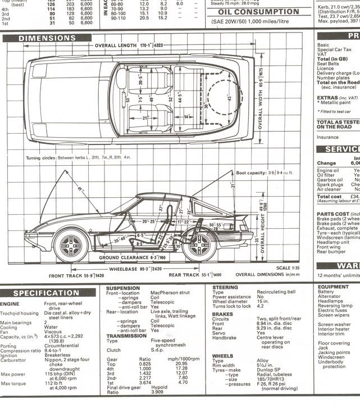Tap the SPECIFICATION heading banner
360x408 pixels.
click(46, 293)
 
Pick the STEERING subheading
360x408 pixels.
click(226, 287)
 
